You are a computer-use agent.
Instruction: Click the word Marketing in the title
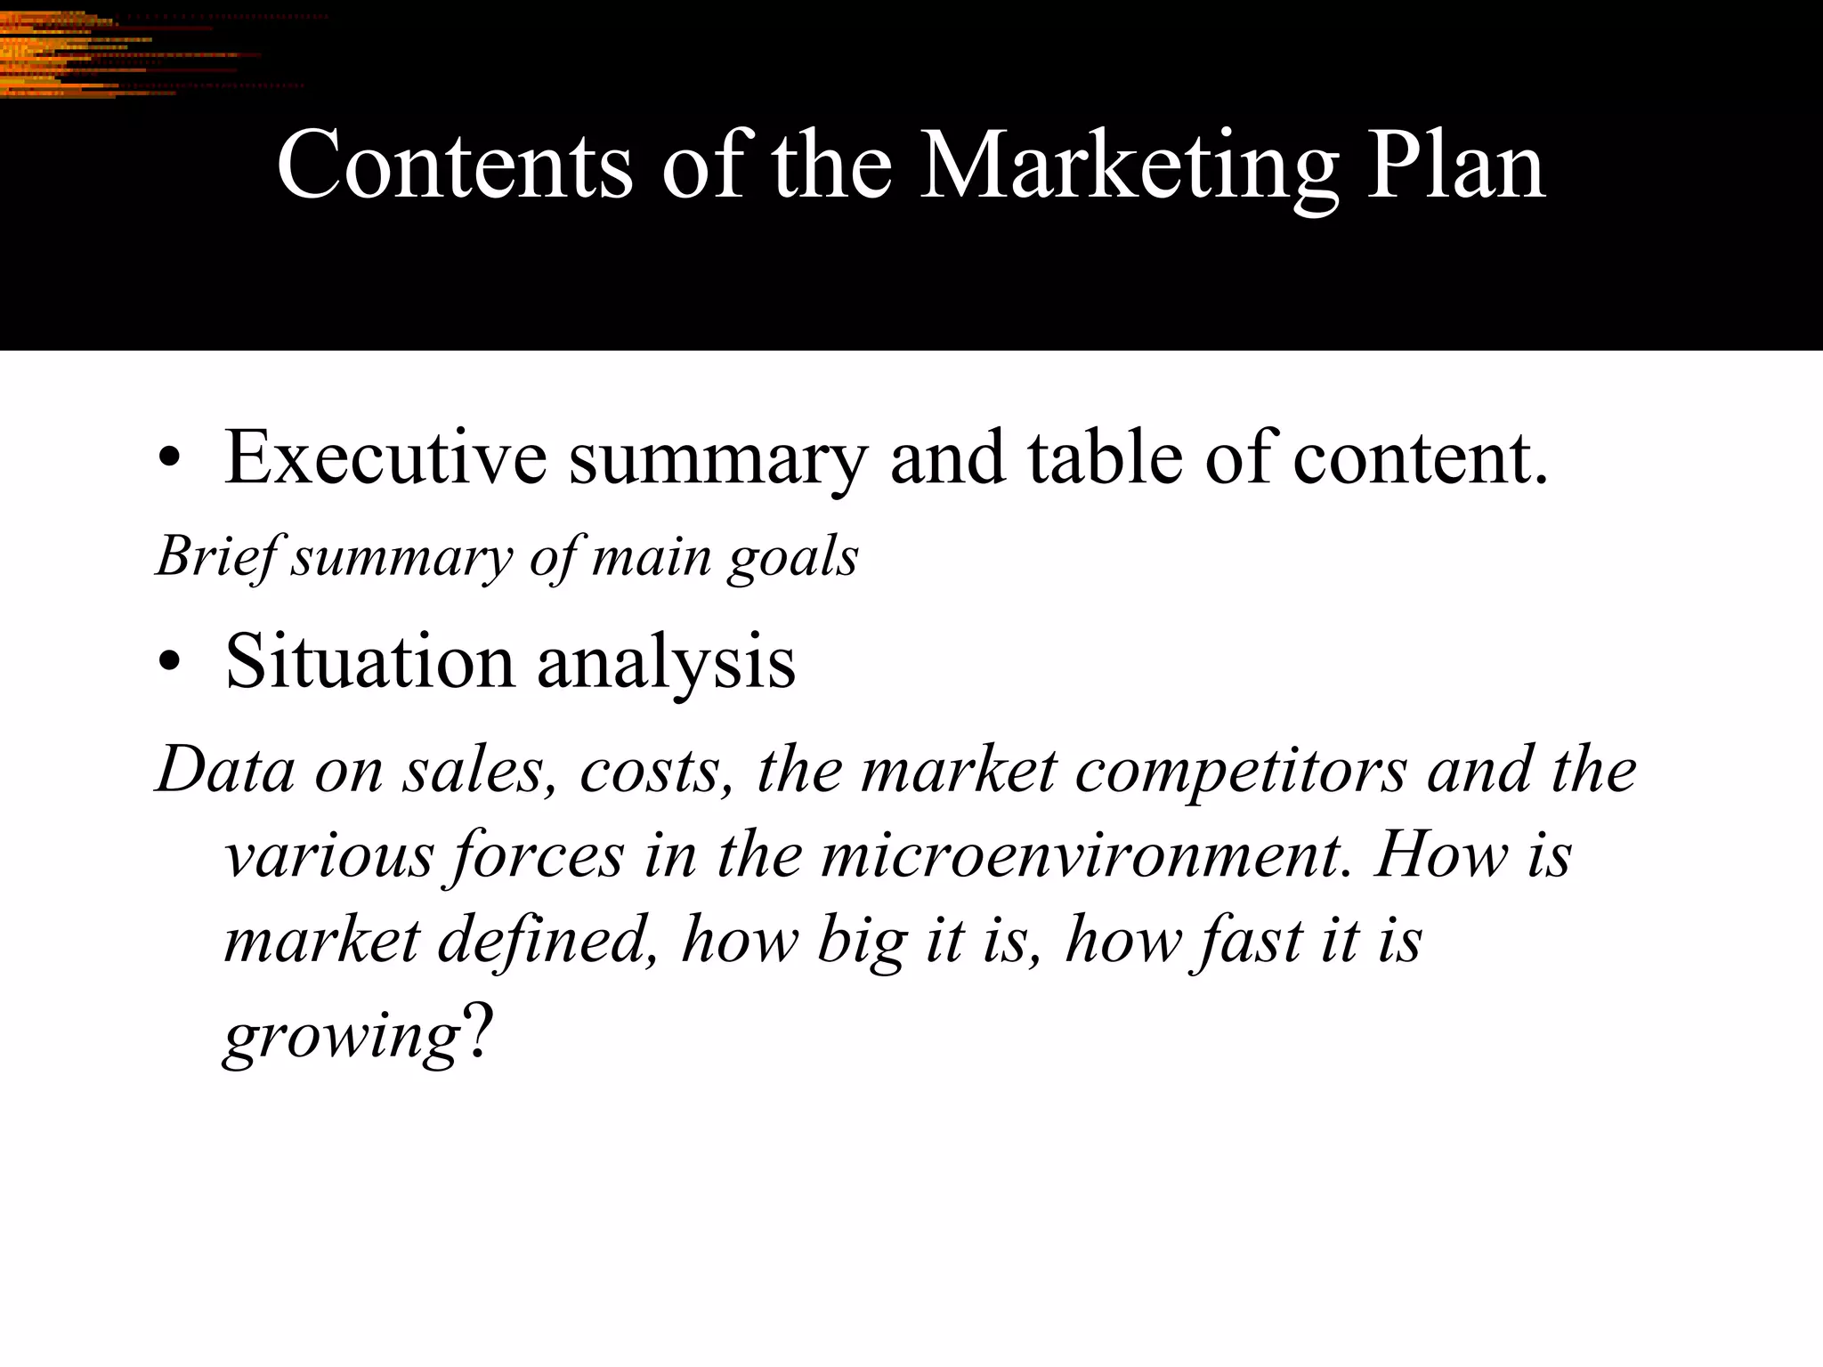1128,166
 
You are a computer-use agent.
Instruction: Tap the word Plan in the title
1455,166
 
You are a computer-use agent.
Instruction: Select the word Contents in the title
455,166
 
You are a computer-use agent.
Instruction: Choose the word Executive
385,457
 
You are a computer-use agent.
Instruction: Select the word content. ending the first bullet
1421,457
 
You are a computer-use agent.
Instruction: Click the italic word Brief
219,558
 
